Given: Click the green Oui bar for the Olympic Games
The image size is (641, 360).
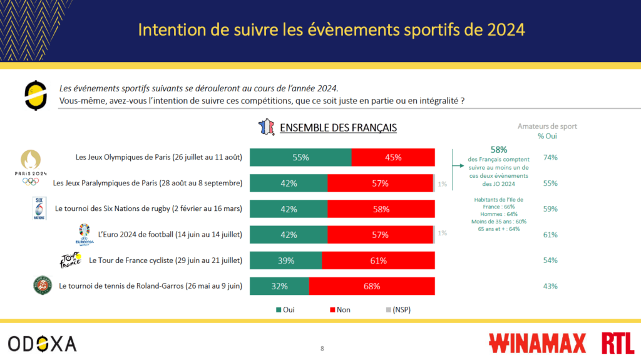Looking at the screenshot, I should [x=300, y=158].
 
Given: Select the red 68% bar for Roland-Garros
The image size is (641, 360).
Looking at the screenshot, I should [x=372, y=286].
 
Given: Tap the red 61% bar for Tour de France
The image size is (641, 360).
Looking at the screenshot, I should [x=378, y=260].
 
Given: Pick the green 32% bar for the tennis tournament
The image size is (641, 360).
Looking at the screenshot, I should [x=279, y=286].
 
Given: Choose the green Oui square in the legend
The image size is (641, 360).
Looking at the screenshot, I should [x=279, y=310].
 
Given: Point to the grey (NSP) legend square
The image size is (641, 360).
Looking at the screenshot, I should [x=388, y=310].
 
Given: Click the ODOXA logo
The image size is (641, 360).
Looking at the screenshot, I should [x=43, y=344].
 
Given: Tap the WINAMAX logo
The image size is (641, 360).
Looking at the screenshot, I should [x=537, y=343].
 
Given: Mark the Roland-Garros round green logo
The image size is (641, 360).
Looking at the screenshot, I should [x=43, y=285].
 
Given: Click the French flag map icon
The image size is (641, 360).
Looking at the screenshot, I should [x=266, y=127].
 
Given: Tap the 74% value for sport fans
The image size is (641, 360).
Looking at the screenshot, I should [x=551, y=158].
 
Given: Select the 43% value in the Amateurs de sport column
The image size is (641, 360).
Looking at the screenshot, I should [x=551, y=286].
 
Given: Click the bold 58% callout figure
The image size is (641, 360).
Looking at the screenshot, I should [x=498, y=150].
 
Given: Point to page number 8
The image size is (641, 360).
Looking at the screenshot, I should [x=322, y=348].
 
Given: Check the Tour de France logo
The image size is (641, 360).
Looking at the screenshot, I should [x=69, y=260].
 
